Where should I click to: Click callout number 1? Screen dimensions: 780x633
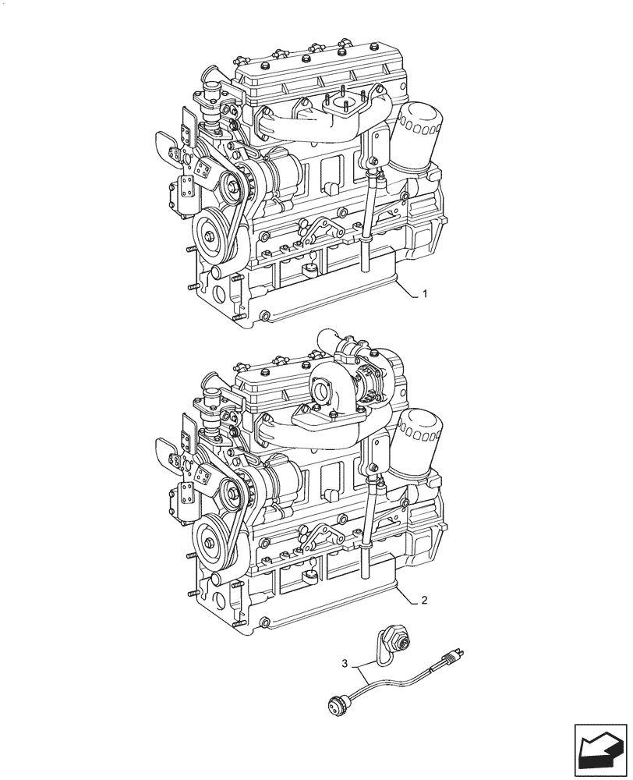tap(424, 294)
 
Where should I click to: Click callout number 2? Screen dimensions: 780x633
tap(424, 601)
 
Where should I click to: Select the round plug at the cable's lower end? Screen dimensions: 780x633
tap(338, 706)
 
